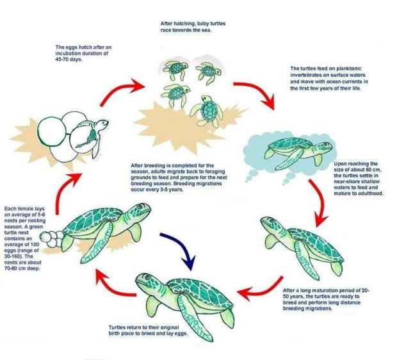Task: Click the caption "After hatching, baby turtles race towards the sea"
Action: (192, 26)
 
